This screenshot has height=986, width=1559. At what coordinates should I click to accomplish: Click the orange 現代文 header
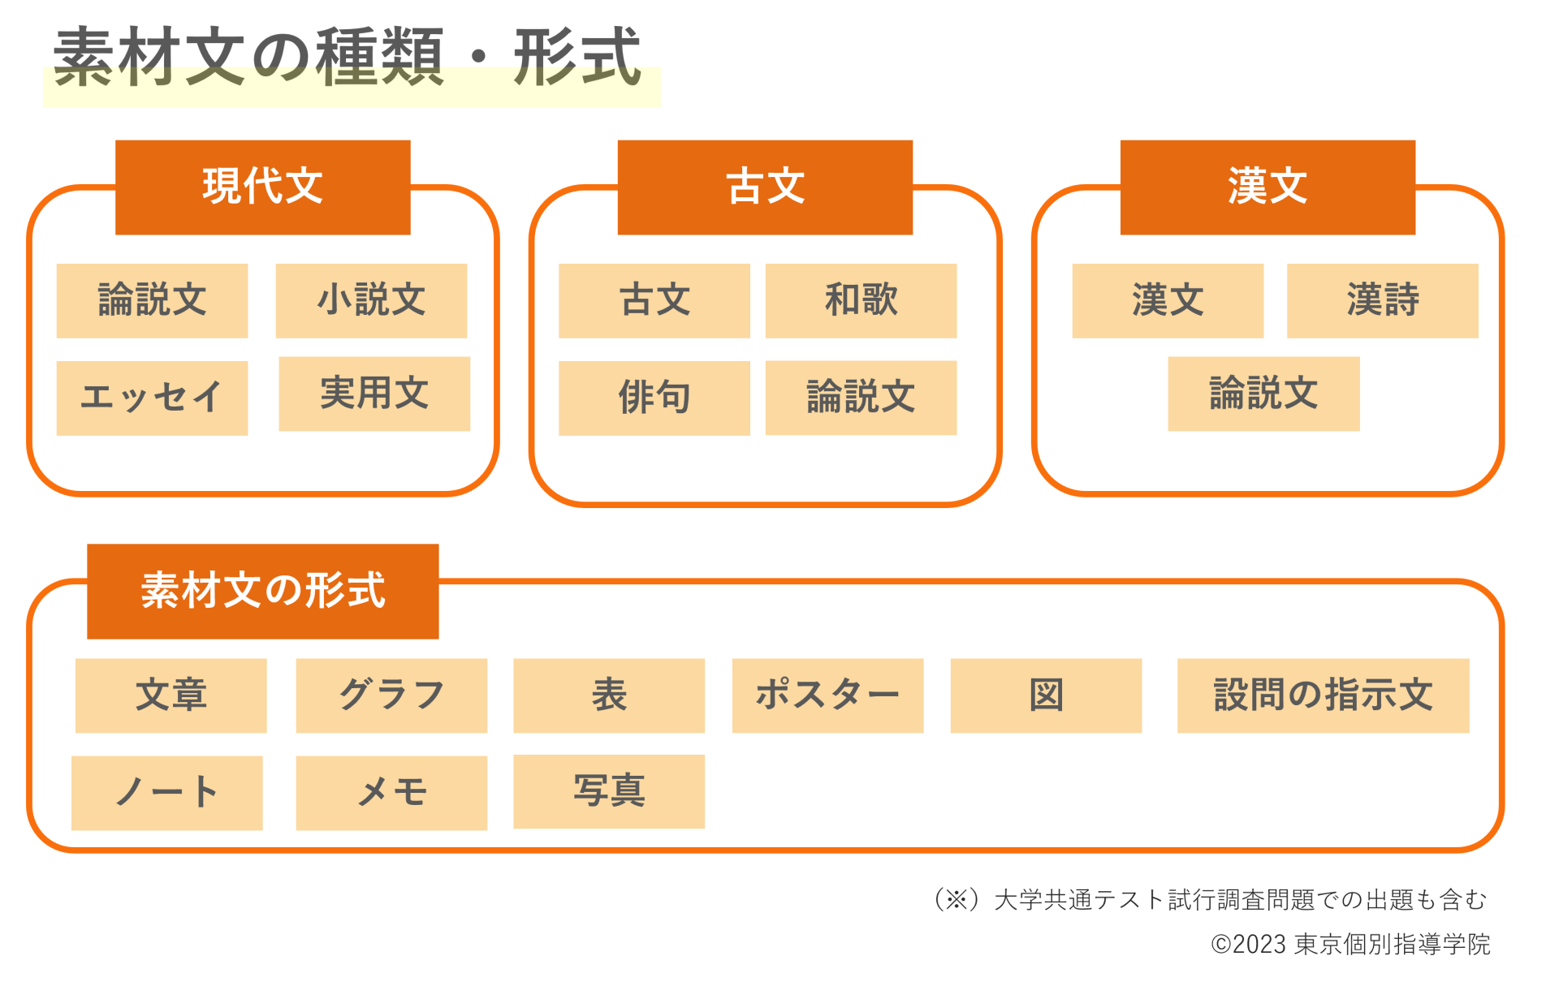coord(262,187)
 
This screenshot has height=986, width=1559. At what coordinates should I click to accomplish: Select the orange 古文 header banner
coord(765,187)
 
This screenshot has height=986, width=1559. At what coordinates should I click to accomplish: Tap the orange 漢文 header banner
coord(1267,187)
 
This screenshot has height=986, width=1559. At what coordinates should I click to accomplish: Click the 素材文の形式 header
coord(263,591)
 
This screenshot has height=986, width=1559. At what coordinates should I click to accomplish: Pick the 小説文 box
coord(371,300)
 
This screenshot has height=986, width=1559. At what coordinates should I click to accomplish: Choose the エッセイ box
coord(152,398)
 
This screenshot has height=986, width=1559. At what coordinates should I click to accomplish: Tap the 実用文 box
coord(374,394)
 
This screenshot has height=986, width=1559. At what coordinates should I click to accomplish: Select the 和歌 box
coord(861,300)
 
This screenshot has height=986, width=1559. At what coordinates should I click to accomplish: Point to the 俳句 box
coord(654,398)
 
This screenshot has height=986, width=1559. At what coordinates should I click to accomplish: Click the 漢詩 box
coord(1383,300)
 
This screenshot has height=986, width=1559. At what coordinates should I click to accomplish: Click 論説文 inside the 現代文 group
coord(152,300)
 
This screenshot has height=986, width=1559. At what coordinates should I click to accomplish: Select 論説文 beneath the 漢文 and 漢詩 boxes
coord(1263,394)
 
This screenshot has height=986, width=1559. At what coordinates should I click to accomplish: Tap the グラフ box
coord(391,695)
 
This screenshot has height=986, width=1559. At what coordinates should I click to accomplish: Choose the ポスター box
coord(827,695)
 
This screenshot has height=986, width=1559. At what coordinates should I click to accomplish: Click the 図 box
coord(1046,695)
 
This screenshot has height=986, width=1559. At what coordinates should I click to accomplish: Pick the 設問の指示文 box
coord(1324,695)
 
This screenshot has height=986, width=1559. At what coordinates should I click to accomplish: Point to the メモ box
coord(391,793)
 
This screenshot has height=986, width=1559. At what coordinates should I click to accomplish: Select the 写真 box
coord(609,791)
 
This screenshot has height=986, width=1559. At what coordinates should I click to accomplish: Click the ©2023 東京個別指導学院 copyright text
coord(1350,945)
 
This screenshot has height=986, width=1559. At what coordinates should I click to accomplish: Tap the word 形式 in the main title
coord(577,57)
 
